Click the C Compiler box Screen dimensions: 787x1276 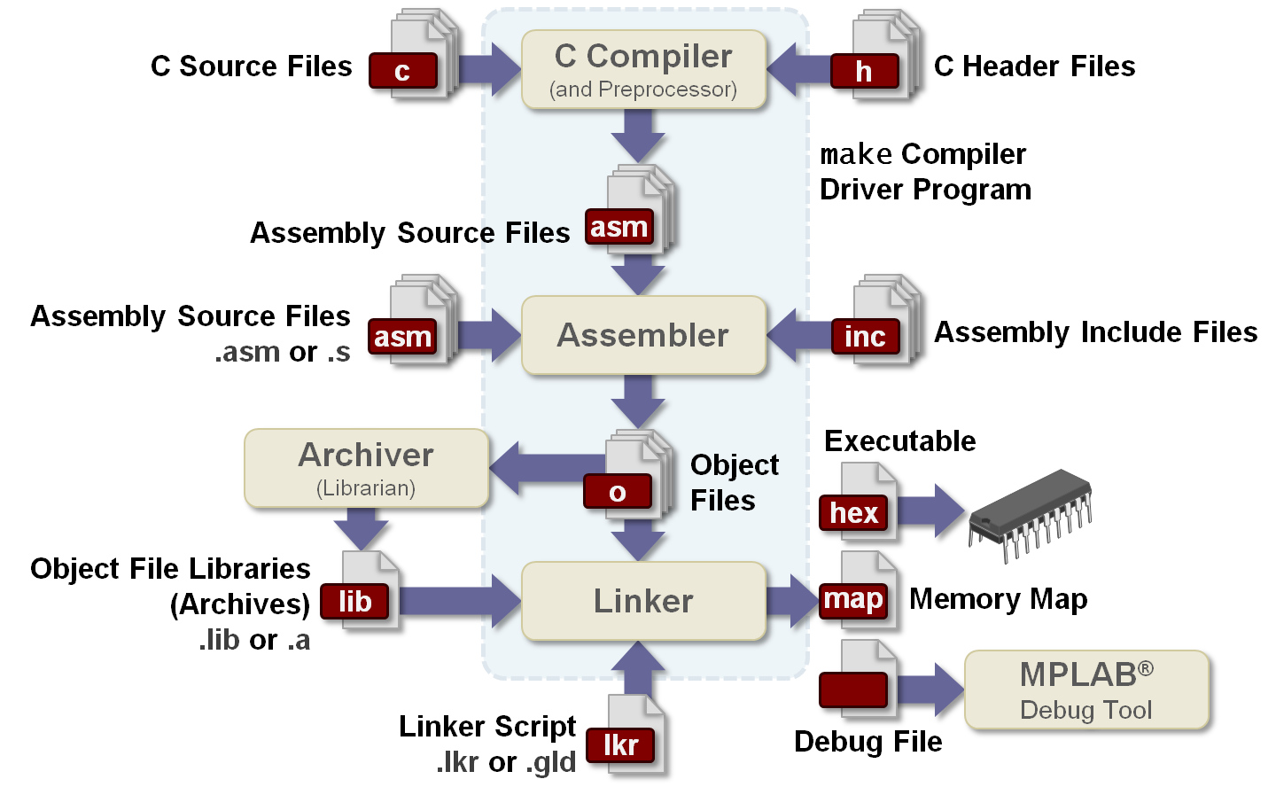click(x=643, y=70)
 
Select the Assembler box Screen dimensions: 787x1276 click(x=643, y=335)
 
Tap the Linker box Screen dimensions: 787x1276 click(x=643, y=601)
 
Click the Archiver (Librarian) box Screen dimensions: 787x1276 click(x=366, y=468)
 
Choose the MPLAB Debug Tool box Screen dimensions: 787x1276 click(x=1086, y=690)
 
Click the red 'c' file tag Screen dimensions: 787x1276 click(x=403, y=71)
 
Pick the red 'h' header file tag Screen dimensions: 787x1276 click(x=864, y=71)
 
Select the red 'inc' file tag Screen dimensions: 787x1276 click(x=865, y=337)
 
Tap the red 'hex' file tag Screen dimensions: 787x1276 click(x=853, y=512)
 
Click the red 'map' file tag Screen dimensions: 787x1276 click(x=852, y=599)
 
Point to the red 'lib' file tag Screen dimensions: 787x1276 click(x=354, y=601)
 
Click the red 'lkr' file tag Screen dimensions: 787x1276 click(x=620, y=744)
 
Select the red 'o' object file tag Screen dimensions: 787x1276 click(x=618, y=492)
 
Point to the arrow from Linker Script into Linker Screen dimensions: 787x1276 click(x=638, y=669)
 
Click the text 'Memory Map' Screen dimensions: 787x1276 click(x=999, y=599)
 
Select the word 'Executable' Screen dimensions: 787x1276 click(x=900, y=440)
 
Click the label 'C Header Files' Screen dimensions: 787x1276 click(x=1035, y=66)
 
